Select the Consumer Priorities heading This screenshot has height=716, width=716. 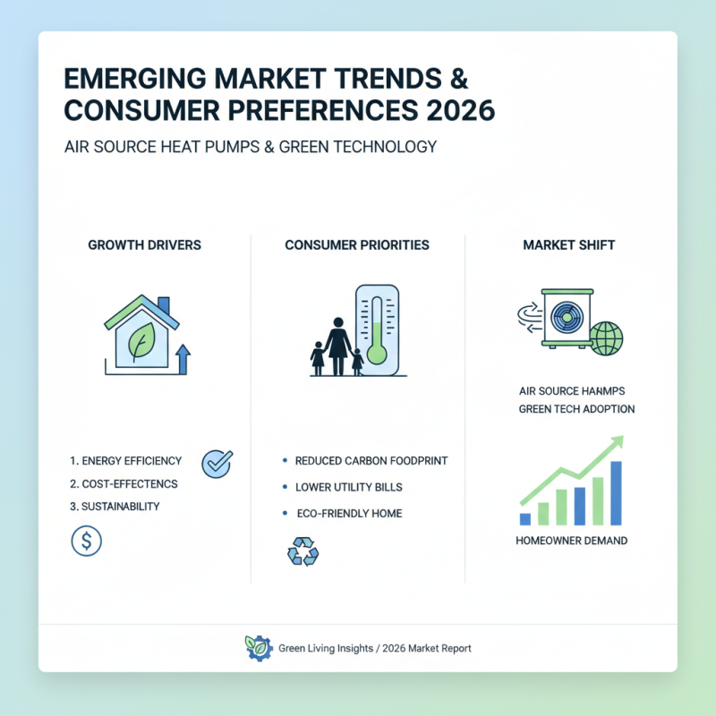click(357, 244)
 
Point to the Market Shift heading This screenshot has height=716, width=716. click(569, 244)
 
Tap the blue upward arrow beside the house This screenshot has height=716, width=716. click(183, 359)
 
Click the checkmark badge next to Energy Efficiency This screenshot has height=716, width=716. click(217, 462)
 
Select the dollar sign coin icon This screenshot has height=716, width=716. click(86, 541)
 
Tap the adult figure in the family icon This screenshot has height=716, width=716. click(337, 344)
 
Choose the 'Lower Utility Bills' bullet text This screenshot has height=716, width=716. click(348, 488)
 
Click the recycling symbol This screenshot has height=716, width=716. click(303, 550)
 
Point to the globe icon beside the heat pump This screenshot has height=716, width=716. click(605, 339)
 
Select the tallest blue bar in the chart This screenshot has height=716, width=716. click(616, 492)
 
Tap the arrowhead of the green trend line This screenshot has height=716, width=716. click(616, 442)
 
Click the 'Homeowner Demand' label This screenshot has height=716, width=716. click(571, 541)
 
